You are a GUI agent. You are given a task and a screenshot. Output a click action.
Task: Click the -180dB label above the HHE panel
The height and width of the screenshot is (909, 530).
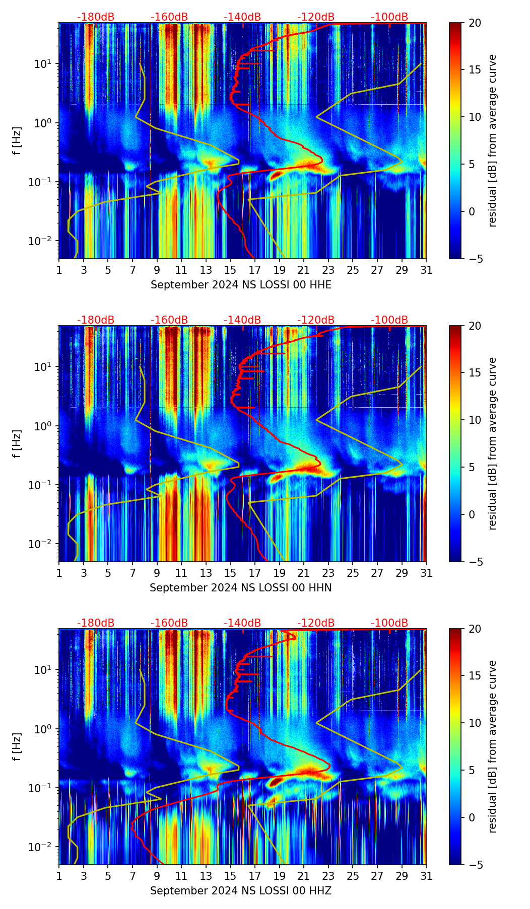point(96,17)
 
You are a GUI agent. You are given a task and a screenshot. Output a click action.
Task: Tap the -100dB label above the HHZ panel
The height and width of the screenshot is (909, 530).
point(389,623)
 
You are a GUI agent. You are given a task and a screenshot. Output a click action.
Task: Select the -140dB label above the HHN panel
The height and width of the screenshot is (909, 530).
point(242,320)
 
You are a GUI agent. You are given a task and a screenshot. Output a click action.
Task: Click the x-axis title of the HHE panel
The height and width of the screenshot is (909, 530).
point(241,285)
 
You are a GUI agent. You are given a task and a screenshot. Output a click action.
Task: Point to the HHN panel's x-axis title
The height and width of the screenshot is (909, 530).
point(240,588)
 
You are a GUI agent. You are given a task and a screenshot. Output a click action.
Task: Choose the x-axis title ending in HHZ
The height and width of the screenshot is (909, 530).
point(240,891)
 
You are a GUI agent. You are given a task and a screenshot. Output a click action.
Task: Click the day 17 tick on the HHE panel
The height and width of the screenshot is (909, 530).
point(255,270)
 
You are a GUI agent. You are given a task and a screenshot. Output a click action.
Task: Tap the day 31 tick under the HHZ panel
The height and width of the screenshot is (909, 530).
point(426,876)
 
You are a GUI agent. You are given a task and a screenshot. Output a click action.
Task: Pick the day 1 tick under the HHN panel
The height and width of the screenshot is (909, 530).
point(59,573)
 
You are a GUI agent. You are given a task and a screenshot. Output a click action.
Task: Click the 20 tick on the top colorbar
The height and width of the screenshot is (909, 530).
point(475,23)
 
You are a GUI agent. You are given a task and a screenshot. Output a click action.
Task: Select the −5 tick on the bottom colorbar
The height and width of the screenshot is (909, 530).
point(475,865)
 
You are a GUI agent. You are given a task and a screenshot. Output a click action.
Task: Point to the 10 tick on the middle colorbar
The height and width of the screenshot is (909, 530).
point(475,420)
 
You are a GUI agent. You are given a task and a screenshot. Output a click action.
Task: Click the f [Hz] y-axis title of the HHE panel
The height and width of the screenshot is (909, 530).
point(17,141)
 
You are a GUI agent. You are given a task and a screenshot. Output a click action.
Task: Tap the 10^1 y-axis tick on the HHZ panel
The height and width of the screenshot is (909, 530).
point(42,670)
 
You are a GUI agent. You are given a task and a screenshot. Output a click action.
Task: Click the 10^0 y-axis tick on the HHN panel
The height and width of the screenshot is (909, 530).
point(42,426)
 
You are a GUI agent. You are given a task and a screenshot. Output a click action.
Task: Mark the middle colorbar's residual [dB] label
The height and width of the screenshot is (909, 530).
point(493,443)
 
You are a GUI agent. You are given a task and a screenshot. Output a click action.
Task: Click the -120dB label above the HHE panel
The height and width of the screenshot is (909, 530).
point(316,17)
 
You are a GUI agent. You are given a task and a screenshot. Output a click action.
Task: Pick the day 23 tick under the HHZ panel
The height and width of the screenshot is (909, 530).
point(328,876)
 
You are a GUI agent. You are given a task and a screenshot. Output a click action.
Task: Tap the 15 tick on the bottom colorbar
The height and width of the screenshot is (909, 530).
point(475,676)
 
